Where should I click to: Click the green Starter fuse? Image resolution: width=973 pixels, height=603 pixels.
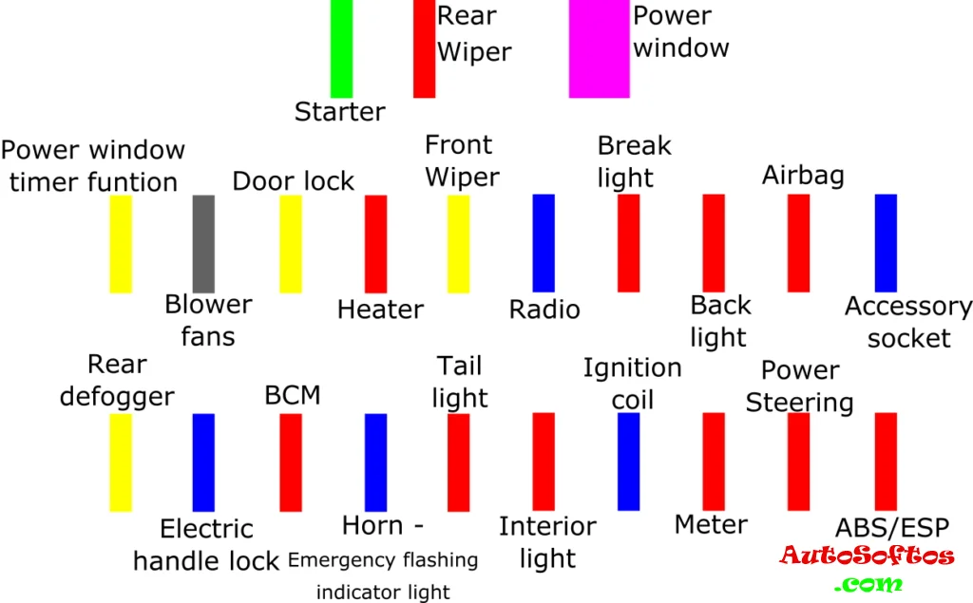click(x=341, y=47)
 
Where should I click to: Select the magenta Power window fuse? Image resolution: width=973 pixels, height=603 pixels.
click(x=599, y=47)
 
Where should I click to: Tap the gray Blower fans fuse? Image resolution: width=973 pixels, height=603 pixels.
click(x=203, y=243)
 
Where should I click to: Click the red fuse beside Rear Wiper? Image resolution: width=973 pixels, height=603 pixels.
click(x=424, y=47)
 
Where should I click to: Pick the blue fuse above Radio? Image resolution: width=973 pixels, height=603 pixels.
click(x=544, y=242)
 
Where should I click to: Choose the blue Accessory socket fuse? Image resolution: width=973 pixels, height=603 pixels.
click(x=886, y=242)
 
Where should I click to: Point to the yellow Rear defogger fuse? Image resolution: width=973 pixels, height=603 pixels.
click(x=121, y=462)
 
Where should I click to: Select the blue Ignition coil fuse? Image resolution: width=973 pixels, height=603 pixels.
click(x=628, y=462)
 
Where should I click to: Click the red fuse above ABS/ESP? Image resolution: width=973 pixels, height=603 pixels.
click(x=886, y=462)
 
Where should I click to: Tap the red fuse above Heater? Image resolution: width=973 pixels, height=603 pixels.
click(x=376, y=243)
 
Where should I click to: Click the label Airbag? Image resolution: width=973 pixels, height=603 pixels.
click(x=803, y=176)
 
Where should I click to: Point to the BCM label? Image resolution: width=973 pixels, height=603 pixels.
click(x=292, y=395)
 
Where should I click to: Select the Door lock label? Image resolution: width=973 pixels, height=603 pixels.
click(x=293, y=180)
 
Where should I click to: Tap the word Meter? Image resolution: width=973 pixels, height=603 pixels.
click(x=711, y=524)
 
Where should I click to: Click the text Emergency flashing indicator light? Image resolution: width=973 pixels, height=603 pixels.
click(x=383, y=575)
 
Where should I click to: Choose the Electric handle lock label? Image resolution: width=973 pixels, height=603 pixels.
click(x=206, y=545)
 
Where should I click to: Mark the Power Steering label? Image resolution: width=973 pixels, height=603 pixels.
click(x=800, y=386)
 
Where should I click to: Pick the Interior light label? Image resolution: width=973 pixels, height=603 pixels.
click(x=547, y=542)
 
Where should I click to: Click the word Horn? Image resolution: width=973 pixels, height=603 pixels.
click(x=372, y=525)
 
